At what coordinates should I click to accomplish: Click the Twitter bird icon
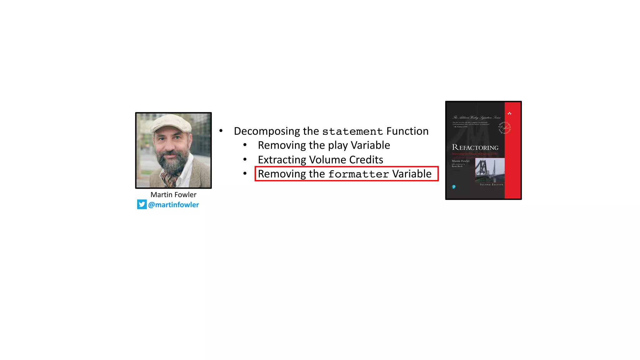[x=142, y=204]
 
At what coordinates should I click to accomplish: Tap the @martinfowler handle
[x=173, y=205]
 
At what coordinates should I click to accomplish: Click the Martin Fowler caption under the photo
[x=173, y=195]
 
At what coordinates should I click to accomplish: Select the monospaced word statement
[x=352, y=131]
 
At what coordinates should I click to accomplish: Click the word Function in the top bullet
[x=407, y=131]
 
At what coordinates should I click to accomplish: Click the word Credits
[x=366, y=160]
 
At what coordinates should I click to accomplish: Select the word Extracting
[x=282, y=160]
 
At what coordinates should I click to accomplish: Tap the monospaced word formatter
[x=358, y=174]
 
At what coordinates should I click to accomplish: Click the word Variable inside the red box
[x=412, y=174]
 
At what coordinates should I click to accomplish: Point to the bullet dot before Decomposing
[x=221, y=131]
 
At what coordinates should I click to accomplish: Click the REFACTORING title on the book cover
[x=475, y=147]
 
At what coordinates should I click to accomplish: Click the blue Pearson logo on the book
[x=454, y=187]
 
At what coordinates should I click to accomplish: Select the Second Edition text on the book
[x=492, y=185]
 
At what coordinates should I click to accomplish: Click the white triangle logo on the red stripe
[x=509, y=113]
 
